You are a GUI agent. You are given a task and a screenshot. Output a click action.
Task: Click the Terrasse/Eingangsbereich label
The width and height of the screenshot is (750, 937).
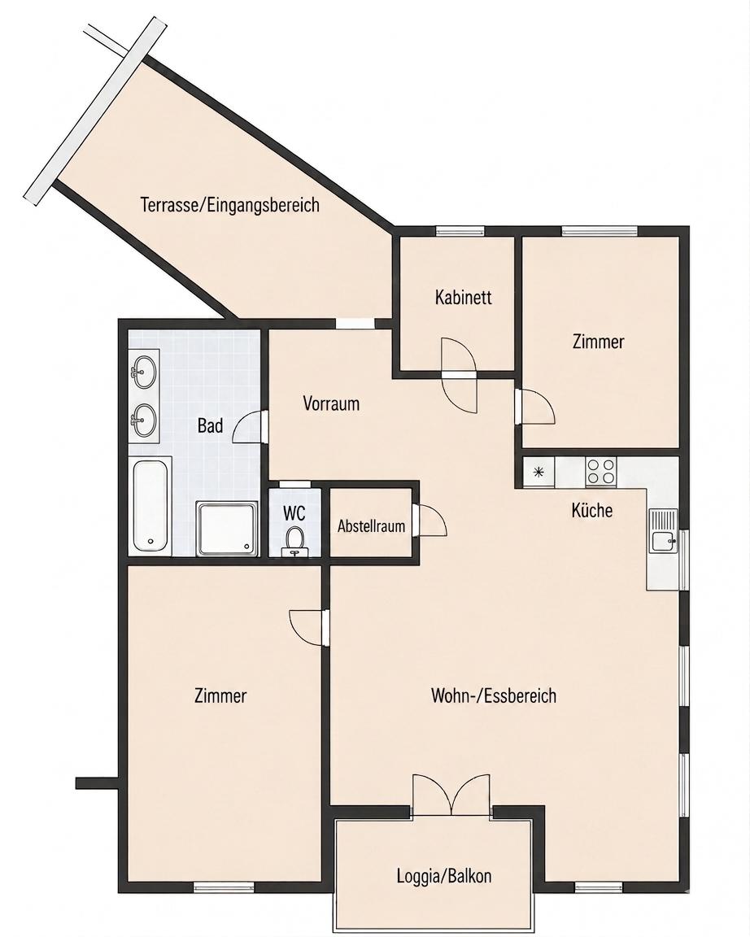(230, 205)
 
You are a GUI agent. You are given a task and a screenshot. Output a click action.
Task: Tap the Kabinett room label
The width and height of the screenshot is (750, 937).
(463, 297)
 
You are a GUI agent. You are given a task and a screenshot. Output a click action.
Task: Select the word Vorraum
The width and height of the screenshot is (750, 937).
(331, 403)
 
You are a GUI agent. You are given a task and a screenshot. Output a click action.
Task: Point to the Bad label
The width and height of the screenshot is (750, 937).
(211, 425)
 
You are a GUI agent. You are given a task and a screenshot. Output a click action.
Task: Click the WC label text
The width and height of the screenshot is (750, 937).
(294, 512)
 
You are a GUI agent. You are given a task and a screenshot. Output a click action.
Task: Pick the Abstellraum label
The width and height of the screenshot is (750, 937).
(371, 526)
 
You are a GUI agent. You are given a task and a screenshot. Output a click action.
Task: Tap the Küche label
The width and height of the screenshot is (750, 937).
(592, 510)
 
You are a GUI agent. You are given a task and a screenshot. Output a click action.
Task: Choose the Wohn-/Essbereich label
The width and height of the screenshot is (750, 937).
(494, 695)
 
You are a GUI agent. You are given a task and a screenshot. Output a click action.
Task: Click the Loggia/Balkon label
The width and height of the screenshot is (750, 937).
(444, 876)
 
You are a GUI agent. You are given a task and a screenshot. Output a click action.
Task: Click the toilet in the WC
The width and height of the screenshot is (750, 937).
(294, 539)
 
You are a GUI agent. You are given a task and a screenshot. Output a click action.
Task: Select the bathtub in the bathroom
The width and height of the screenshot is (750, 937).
(151, 505)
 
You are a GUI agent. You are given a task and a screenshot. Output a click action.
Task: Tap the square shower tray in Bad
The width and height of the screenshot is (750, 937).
(228, 529)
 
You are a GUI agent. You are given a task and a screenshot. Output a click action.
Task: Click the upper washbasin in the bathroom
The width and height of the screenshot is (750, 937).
(143, 372)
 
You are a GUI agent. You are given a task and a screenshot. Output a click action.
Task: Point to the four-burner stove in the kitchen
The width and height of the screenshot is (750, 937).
(601, 470)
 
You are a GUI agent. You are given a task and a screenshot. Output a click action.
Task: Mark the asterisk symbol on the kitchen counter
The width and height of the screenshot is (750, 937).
(539, 472)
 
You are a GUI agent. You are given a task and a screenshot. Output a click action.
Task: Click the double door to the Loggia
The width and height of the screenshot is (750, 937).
(451, 795)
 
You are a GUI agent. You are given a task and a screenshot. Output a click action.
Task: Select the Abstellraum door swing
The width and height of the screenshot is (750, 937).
(430, 520)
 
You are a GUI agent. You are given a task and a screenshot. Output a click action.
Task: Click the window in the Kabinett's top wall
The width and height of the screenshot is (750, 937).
(460, 231)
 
